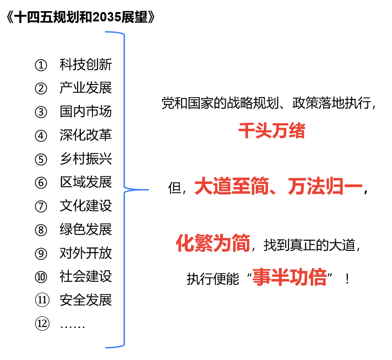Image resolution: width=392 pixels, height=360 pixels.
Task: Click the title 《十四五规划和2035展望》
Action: point(80,17)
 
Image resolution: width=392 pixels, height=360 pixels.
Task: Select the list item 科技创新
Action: point(86,65)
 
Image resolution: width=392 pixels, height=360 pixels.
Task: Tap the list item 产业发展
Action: point(86,88)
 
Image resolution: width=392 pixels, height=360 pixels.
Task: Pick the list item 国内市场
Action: point(86,111)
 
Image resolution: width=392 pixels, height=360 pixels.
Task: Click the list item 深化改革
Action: point(86,135)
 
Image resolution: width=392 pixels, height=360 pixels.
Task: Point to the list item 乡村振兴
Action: point(86,159)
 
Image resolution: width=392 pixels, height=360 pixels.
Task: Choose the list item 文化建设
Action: point(86,206)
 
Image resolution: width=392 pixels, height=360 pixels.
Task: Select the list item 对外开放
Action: point(86,253)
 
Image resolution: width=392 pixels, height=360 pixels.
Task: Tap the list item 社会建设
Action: point(86,276)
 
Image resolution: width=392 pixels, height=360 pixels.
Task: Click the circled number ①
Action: point(41,65)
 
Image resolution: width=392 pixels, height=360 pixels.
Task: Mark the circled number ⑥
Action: point(41,183)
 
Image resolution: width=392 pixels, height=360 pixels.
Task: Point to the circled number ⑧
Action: point(41,230)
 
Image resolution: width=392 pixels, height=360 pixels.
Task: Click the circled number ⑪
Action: point(42,300)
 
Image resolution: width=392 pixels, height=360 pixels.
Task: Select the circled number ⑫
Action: point(42,324)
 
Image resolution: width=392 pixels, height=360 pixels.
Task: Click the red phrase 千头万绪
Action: point(272,131)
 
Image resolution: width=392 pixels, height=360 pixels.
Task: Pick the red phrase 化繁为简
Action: point(213,243)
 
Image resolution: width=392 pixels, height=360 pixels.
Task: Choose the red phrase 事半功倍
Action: point(289,277)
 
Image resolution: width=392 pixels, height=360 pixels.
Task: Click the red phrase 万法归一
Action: point(325,186)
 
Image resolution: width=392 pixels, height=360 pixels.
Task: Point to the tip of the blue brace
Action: point(149,190)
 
